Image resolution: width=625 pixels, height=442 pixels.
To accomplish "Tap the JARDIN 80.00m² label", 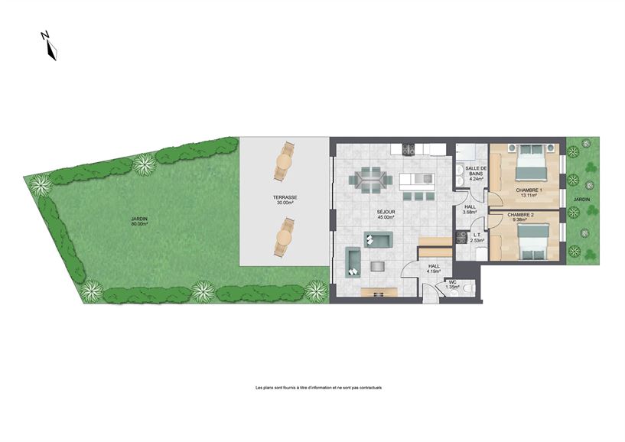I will [139, 222].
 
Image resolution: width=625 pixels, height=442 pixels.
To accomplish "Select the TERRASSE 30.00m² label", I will [285, 200].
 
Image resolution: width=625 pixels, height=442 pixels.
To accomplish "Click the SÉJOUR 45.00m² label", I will [384, 215].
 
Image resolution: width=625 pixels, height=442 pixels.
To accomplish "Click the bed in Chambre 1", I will [532, 164].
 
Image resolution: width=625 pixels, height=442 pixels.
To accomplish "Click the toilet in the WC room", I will [466, 288].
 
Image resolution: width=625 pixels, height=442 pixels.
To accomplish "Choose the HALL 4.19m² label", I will [434, 268].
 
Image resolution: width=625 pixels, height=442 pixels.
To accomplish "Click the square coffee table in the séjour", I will [379, 266].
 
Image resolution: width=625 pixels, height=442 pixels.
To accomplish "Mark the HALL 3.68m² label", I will [470, 210].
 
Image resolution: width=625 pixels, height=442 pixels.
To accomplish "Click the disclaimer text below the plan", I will [318, 388].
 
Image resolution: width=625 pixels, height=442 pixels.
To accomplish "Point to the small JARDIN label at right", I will [583, 200].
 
